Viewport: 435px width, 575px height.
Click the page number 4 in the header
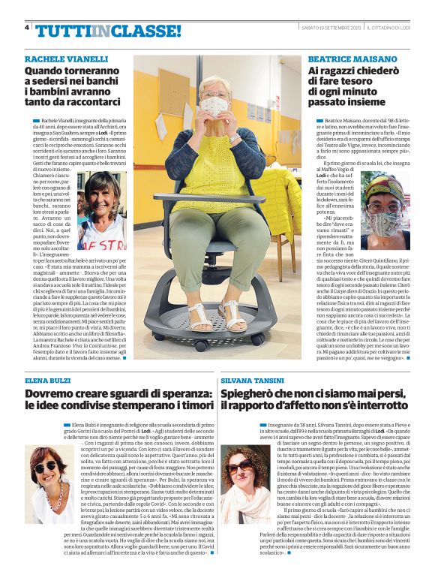pyautogui.click(x=28, y=28)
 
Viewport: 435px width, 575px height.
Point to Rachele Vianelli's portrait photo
pyautogui.click(x=102, y=211)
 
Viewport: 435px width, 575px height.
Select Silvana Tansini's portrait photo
pyautogui.click(x=244, y=483)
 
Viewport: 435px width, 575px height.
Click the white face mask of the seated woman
pyautogui.click(x=216, y=106)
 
